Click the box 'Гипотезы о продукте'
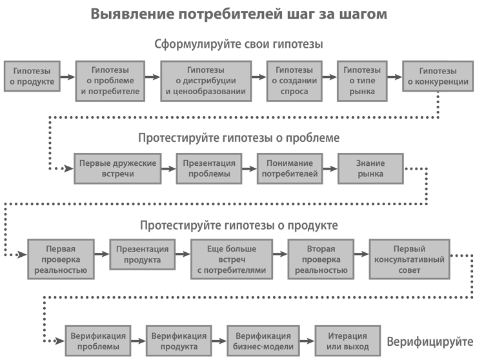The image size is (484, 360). click(32, 76)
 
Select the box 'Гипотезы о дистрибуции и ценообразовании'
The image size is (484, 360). click(206, 81)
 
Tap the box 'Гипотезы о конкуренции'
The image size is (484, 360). click(438, 76)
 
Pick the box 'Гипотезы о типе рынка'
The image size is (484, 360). click(362, 81)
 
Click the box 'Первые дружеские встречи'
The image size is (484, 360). click(117, 168)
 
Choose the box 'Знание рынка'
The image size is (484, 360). click(370, 168)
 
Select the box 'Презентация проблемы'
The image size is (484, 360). click(209, 168)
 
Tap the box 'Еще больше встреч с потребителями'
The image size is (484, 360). click(232, 259)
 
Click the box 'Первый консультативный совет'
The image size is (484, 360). click(409, 259)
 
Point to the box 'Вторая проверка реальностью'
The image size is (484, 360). click(321, 259)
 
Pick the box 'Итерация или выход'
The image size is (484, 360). click(348, 341)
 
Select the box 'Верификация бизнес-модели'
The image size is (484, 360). click(263, 341)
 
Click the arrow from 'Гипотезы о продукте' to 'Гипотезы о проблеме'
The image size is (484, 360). click(68, 77)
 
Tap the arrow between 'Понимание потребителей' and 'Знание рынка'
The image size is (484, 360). click(330, 169)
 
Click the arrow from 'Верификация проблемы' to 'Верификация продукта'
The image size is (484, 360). click(138, 341)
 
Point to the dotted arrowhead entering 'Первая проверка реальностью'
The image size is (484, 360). click(23, 255)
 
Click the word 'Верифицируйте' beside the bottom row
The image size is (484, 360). click(430, 342)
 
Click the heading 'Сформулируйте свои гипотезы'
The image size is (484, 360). click(239, 44)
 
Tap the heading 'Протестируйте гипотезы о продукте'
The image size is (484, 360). click(239, 226)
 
